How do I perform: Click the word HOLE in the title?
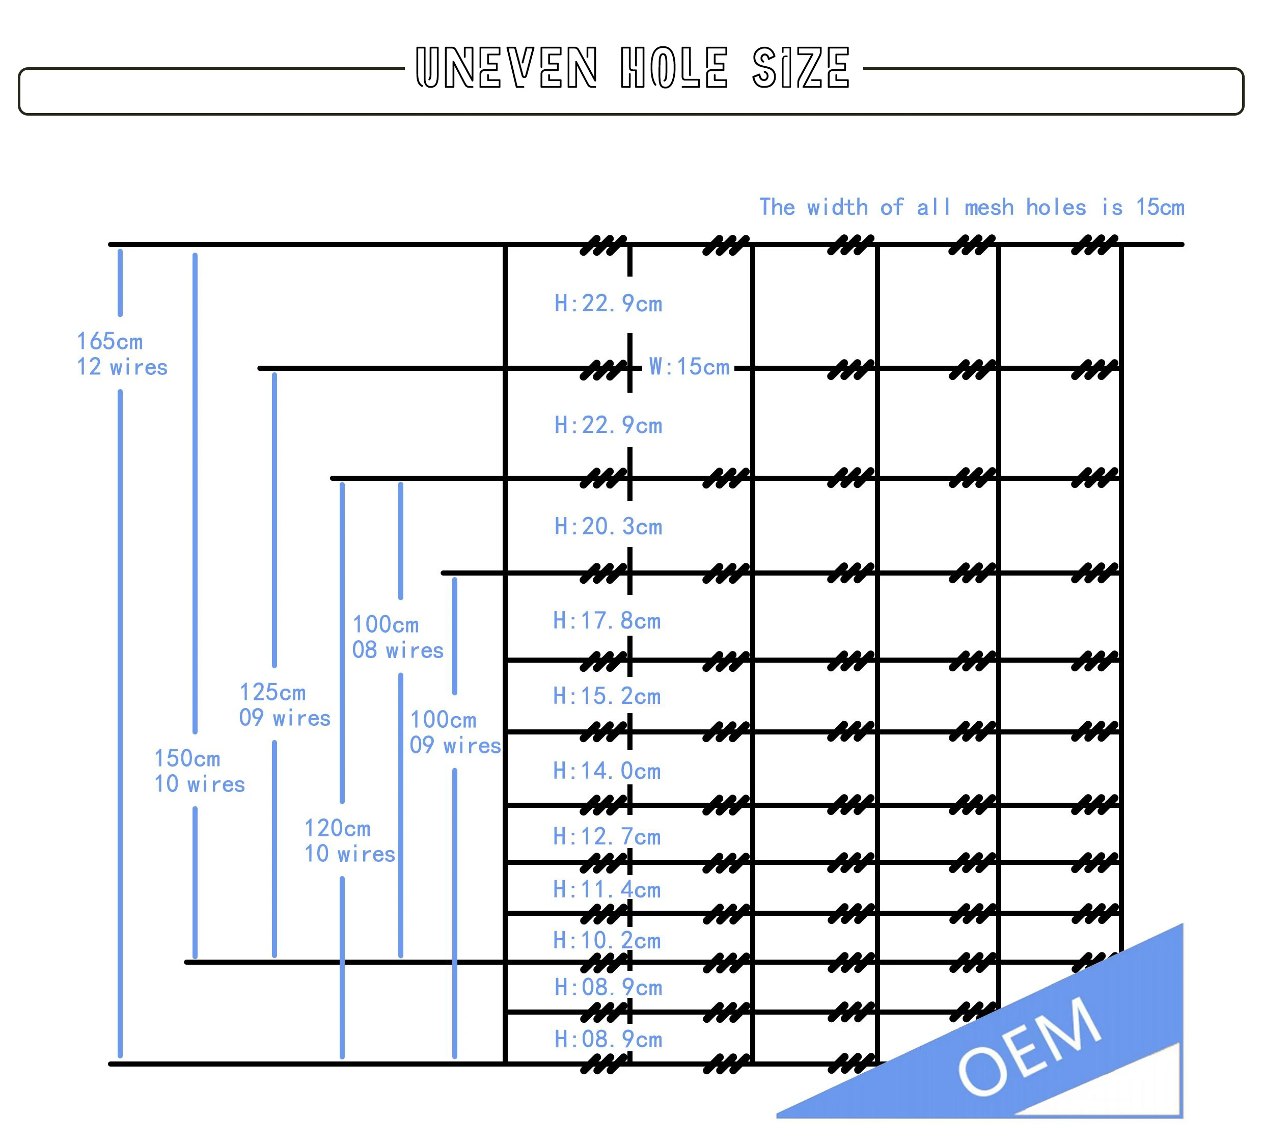674,67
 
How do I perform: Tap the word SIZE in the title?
801,67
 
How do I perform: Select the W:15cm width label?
689,367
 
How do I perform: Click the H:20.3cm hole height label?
608,527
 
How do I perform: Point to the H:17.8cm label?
607,620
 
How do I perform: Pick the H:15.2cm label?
607,696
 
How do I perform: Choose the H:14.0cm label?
607,771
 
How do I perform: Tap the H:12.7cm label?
607,837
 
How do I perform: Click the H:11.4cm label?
607,889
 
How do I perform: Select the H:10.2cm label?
607,940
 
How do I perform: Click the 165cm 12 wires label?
122,354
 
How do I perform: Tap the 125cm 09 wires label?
284,704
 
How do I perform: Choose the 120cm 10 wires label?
349,841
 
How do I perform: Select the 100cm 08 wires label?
397,637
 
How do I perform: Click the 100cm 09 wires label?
455,732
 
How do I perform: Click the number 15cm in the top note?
1160,207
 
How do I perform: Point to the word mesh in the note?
989,207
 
